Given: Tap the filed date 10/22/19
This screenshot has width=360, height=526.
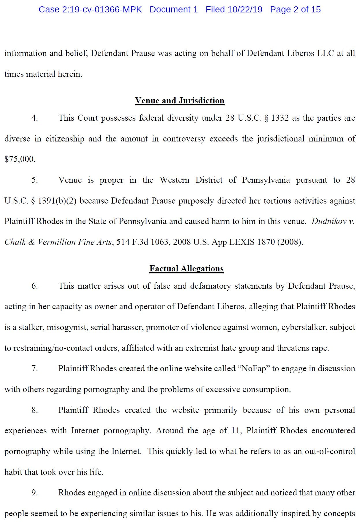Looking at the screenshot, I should click(245, 10).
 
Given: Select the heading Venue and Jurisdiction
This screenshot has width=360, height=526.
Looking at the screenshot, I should click(180, 100).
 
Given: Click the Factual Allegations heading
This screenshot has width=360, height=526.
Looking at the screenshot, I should click(186, 268).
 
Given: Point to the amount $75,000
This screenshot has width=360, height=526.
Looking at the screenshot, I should click(20, 159).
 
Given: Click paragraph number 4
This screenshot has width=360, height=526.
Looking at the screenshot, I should click(34, 118).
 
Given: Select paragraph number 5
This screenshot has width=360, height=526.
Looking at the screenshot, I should click(34, 180).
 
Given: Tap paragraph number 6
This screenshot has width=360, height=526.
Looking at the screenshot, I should click(34, 286).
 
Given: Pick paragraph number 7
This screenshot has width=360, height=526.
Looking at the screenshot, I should click(34, 369).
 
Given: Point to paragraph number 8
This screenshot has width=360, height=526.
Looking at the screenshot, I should click(34, 410).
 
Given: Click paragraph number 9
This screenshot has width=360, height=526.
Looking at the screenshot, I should click(34, 493).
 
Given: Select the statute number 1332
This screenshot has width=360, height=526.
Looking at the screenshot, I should click(280, 118).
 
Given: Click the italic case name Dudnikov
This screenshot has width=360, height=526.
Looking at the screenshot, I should click(329, 221).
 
